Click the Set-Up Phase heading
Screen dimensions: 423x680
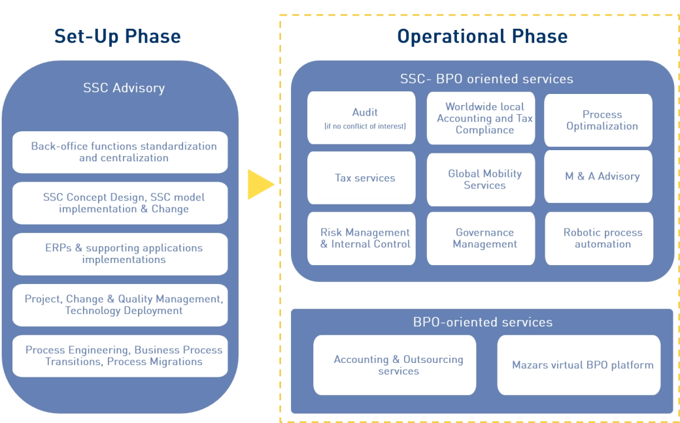(117, 37)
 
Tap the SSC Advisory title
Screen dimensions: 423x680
(124, 88)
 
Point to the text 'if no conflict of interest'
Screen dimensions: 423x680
(365, 126)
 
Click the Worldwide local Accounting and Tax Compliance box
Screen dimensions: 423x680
(484, 118)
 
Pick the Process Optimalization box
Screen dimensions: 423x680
(598, 120)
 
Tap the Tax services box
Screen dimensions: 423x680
(361, 178)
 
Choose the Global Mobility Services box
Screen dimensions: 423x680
(484, 179)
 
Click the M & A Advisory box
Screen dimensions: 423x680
(598, 176)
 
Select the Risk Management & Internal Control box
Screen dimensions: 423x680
(361, 238)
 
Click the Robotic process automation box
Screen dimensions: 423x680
(598, 238)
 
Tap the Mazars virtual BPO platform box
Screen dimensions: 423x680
(579, 365)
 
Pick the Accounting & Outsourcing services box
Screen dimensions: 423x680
(395, 365)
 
